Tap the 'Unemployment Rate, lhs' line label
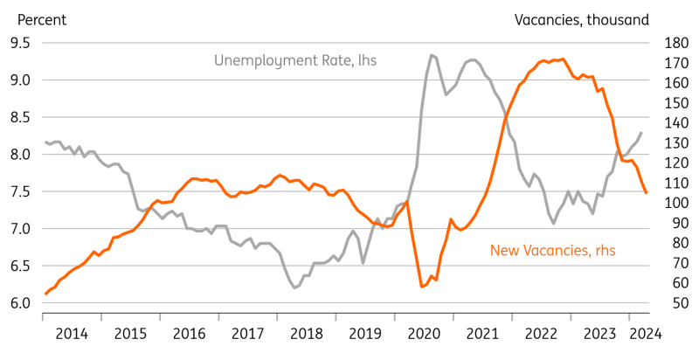[x=295, y=60]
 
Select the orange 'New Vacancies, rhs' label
[x=552, y=251]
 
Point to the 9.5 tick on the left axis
[x=19, y=43]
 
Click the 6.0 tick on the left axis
[x=19, y=303]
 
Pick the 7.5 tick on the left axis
[x=19, y=191]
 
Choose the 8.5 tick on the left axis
[x=19, y=117]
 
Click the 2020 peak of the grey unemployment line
[x=431, y=55]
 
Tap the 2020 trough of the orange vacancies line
[x=422, y=286]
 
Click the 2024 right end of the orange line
[x=647, y=193]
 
